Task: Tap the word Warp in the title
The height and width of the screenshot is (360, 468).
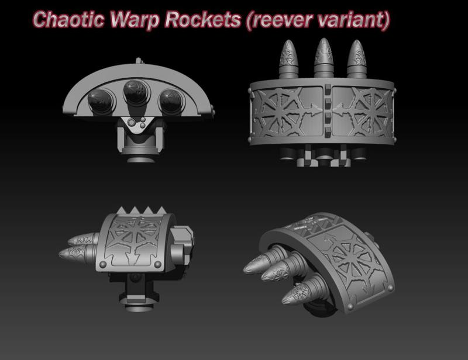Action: point(139,19)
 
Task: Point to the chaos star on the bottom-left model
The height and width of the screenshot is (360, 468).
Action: point(136,240)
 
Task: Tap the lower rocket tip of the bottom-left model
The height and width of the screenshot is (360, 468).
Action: point(73,252)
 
